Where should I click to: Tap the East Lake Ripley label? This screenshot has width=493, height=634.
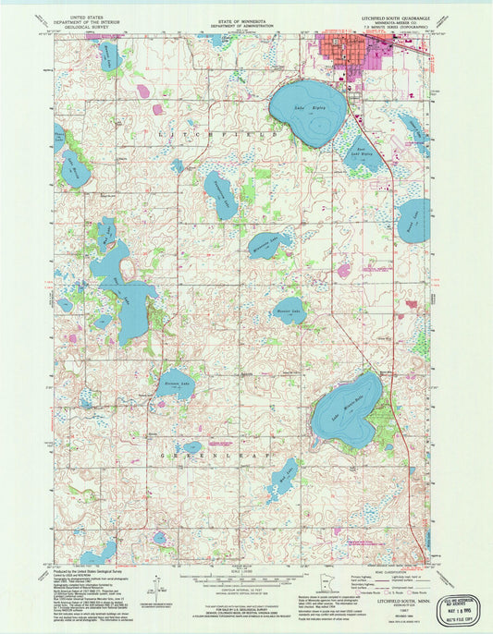click(363, 152)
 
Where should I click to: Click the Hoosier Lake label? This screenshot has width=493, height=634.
click(289, 311)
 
